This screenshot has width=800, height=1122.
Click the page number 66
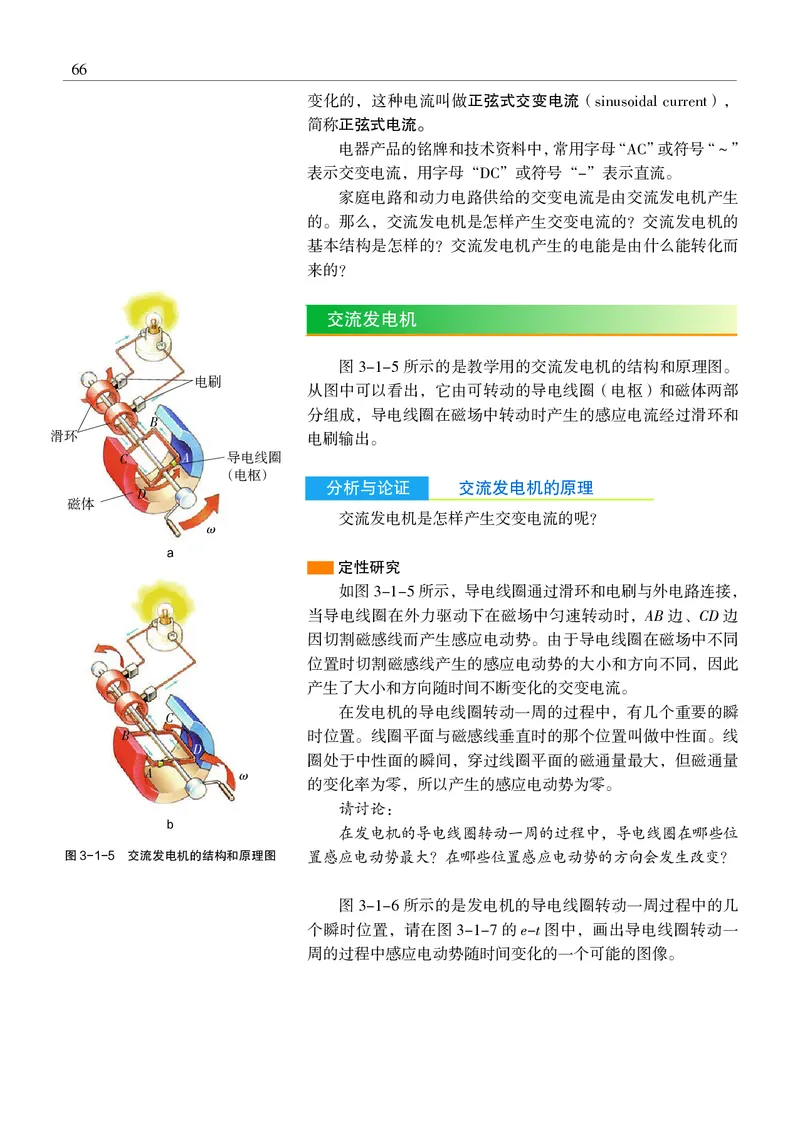[x=79, y=69]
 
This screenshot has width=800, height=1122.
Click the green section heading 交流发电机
[x=372, y=320]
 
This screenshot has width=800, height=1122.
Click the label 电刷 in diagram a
[x=208, y=382]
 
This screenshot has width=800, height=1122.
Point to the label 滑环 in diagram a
[x=66, y=435]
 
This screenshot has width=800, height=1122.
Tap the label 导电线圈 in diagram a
[x=253, y=455]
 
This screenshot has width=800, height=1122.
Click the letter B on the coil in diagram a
[x=153, y=424]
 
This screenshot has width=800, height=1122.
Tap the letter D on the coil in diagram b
[x=198, y=745]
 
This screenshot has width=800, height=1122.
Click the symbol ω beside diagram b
[x=243, y=775]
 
